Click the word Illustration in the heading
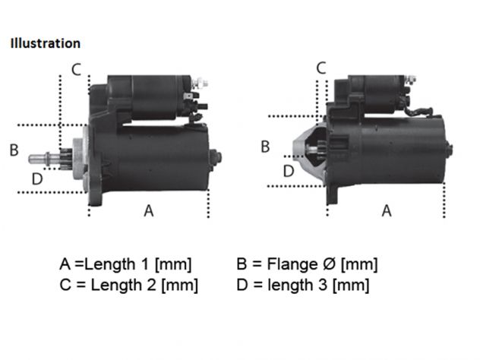click(46, 43)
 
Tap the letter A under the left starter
click(149, 210)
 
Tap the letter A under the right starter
click(387, 210)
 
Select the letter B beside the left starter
click(14, 150)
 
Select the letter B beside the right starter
click(265, 147)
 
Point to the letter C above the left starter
click(76, 69)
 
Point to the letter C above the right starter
click(321, 68)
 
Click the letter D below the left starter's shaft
click(37, 178)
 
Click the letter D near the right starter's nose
click(289, 171)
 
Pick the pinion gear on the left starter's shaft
click(65, 159)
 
